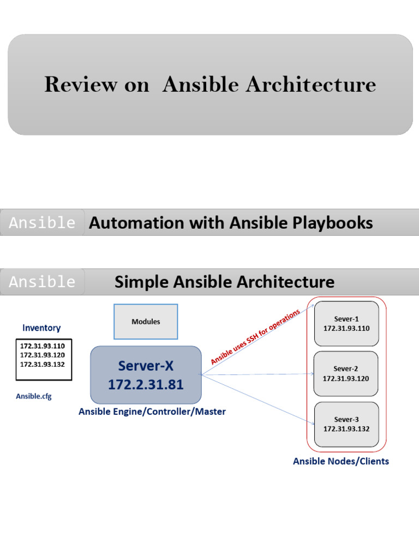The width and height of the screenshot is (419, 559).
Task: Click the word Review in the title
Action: click(80, 85)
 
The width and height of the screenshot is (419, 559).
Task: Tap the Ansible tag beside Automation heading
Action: click(43, 223)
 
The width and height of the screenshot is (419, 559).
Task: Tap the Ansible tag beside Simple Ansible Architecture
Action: click(43, 282)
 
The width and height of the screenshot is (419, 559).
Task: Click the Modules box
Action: click(146, 322)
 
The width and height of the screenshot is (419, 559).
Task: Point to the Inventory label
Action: click(41, 328)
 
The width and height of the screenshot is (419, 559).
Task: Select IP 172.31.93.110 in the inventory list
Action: click(42, 346)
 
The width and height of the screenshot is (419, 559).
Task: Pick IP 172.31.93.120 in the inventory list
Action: click(42, 355)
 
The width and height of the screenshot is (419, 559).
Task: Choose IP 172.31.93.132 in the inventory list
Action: click(42, 364)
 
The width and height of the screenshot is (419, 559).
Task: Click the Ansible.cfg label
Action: click(34, 396)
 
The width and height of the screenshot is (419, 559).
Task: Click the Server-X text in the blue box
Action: click(146, 365)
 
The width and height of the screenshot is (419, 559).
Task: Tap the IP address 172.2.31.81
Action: click(146, 385)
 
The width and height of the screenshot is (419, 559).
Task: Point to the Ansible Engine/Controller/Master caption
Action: click(152, 412)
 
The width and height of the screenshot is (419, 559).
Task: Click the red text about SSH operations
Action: click(255, 337)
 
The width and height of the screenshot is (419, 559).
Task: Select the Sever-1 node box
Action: click(346, 324)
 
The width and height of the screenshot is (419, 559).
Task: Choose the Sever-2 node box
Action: click(346, 373)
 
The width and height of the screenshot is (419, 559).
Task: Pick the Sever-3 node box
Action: click(346, 424)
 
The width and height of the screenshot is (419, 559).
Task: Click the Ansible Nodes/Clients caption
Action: click(341, 461)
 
